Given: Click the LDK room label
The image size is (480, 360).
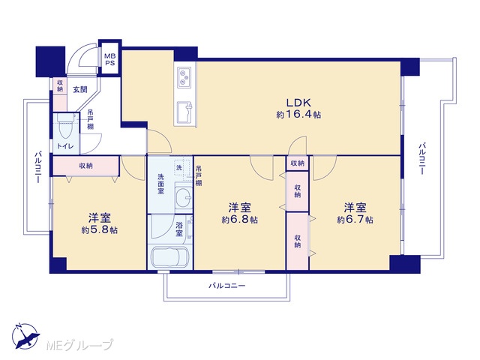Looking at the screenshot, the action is click(x=298, y=102).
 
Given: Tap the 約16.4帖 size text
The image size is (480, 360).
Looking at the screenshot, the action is click(x=298, y=115).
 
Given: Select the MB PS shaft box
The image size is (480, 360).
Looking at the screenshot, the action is click(x=109, y=59).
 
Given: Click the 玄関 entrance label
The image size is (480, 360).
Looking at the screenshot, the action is click(x=80, y=89).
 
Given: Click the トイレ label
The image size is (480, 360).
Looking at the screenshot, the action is click(x=65, y=146).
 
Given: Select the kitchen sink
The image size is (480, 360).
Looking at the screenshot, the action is click(x=184, y=112).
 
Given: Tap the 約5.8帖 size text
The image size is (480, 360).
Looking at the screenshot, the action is click(x=100, y=230).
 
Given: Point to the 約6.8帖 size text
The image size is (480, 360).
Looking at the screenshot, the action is click(x=240, y=220).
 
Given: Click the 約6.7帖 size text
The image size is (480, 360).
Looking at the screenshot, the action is click(x=355, y=220).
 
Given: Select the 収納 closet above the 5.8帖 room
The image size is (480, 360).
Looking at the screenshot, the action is click(x=86, y=166).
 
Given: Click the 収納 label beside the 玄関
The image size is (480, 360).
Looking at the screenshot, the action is click(x=60, y=85).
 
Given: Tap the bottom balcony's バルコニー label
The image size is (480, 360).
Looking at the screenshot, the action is click(x=227, y=286).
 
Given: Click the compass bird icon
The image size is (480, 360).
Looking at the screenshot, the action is click(x=25, y=337).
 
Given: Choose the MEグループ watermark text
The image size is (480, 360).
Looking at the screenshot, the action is click(x=79, y=345).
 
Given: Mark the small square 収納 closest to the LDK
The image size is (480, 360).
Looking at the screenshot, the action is click(x=297, y=163).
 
